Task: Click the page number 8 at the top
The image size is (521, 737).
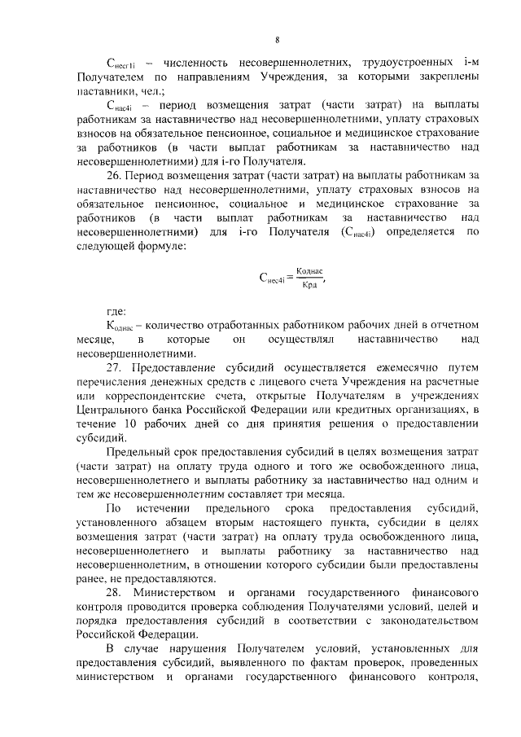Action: (x=277, y=38)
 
